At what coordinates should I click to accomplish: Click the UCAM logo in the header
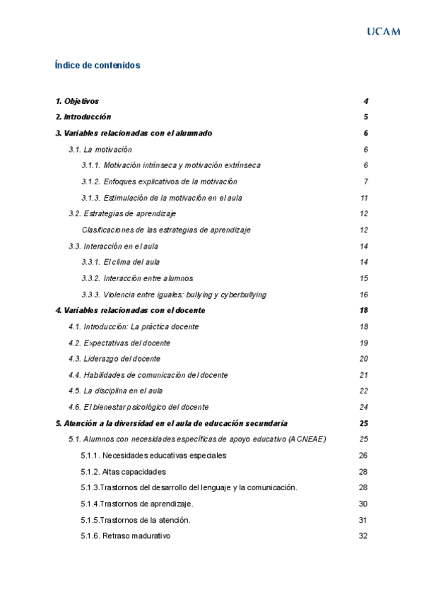click(384, 31)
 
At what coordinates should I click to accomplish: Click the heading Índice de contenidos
click(98, 65)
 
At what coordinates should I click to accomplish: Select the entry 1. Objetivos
click(77, 101)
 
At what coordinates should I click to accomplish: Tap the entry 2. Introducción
click(83, 117)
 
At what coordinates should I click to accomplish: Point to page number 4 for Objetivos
click(365, 101)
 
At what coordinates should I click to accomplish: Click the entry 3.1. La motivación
click(100, 149)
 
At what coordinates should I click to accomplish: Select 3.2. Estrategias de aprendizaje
click(122, 213)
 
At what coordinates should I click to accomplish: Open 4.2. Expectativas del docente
click(119, 343)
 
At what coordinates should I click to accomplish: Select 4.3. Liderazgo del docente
click(114, 359)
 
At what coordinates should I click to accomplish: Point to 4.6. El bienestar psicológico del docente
click(139, 407)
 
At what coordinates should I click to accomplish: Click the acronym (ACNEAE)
click(307, 439)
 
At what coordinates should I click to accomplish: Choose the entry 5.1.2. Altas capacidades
click(124, 472)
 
